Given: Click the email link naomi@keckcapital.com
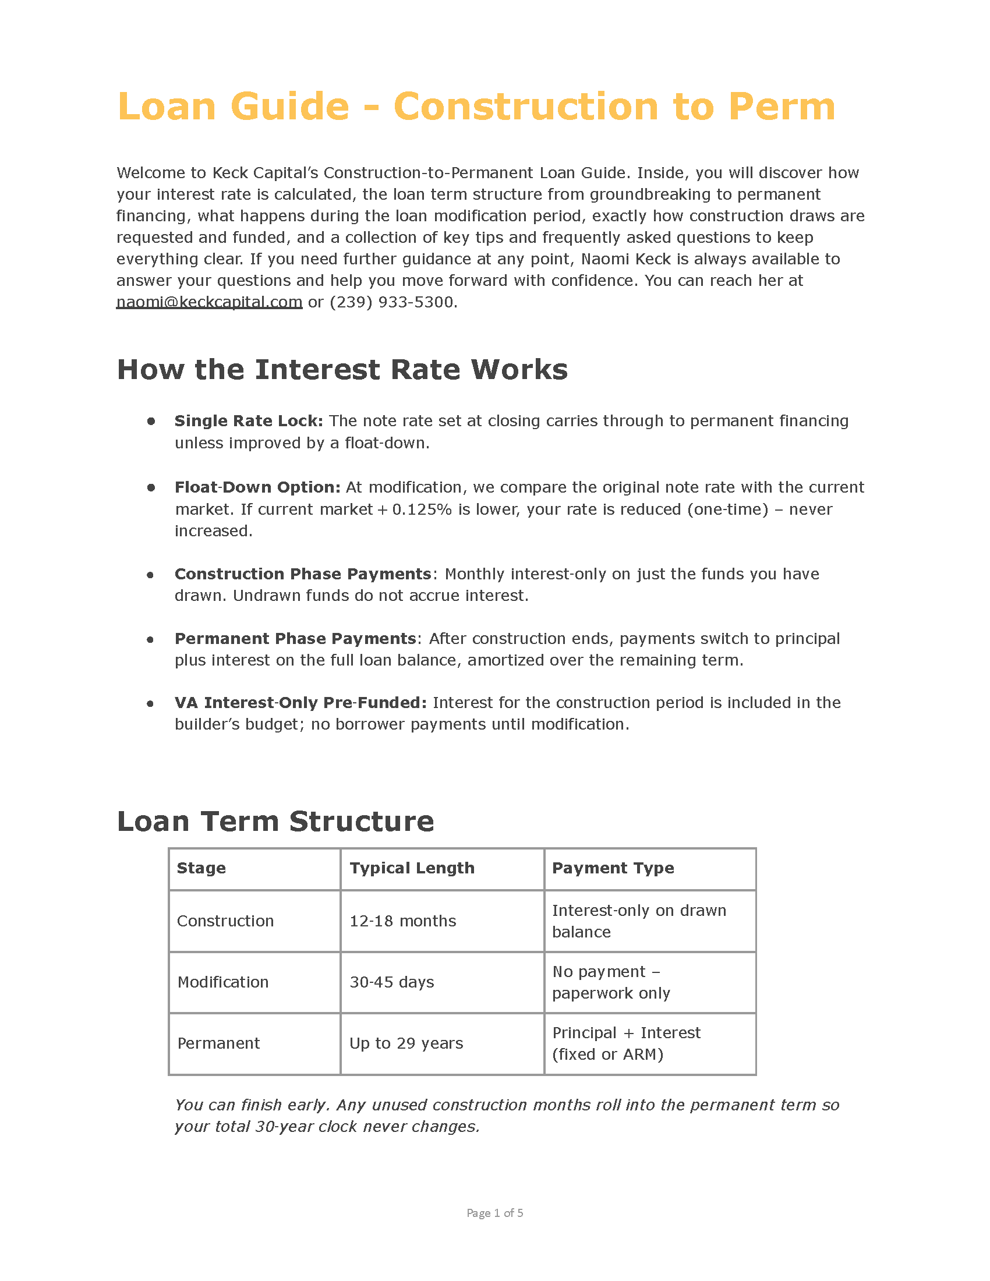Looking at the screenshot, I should pyautogui.click(x=209, y=302).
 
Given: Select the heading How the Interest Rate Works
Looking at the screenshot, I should pyautogui.click(x=342, y=370).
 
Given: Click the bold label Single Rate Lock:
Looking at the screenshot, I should pyautogui.click(x=249, y=421).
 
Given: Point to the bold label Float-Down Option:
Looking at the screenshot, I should pyautogui.click(x=257, y=487).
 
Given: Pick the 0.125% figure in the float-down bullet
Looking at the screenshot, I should pyautogui.click(x=422, y=509).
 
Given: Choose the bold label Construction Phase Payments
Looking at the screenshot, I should pyautogui.click(x=303, y=574).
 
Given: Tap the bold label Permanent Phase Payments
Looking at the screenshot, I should pyautogui.click(x=295, y=638).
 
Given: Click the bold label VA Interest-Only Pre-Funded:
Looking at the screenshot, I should pyautogui.click(x=300, y=703).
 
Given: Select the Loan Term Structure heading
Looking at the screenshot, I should pyautogui.click(x=275, y=821).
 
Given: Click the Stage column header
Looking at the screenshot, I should pyautogui.click(x=201, y=868).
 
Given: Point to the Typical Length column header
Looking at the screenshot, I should pyautogui.click(x=412, y=868).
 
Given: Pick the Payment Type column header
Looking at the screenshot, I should pyautogui.click(x=613, y=868).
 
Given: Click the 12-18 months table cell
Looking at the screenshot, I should pyautogui.click(x=402, y=921).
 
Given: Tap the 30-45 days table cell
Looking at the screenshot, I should pyautogui.click(x=392, y=982).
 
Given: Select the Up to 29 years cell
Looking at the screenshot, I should pyautogui.click(x=406, y=1043).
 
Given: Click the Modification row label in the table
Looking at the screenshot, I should pyautogui.click(x=223, y=982).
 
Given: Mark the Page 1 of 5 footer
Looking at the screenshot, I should pyautogui.click(x=494, y=1213).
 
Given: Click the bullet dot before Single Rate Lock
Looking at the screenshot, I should pyautogui.click(x=151, y=421).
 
